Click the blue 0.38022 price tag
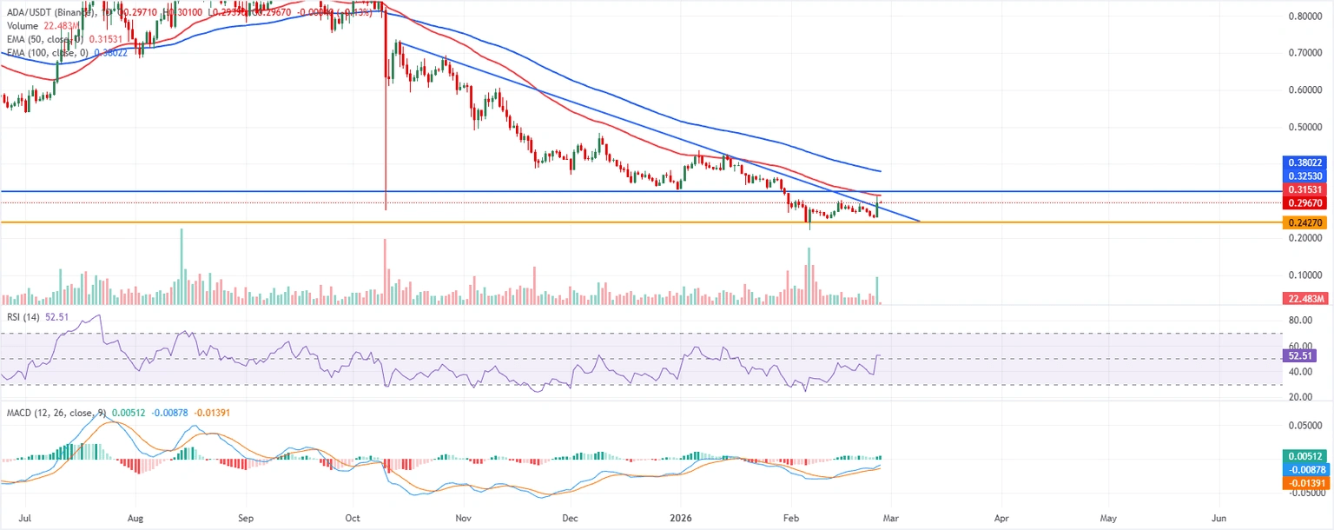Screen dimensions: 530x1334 [1306, 162]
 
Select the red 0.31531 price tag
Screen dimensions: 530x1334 [1306, 189]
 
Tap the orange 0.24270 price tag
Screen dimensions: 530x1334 [1306, 223]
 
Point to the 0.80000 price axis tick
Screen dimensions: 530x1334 [1306, 17]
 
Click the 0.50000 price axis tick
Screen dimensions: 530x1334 [1306, 127]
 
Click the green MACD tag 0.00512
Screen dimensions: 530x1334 [1306, 455]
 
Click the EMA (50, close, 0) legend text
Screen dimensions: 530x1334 [43, 39]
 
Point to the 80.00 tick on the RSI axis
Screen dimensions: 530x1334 [1299, 321]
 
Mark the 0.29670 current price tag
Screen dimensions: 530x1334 [1306, 202]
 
